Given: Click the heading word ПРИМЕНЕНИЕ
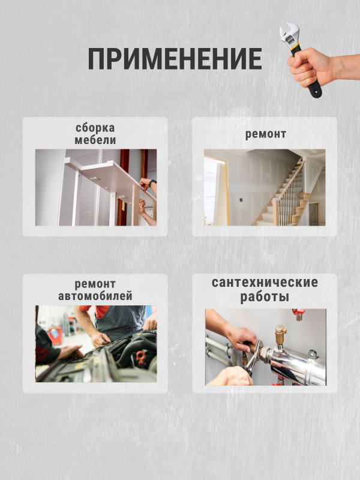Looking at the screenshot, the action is (x=175, y=58).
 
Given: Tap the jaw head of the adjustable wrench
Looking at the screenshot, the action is (x=289, y=34).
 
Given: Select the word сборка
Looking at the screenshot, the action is (x=95, y=128).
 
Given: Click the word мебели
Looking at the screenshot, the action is (x=95, y=140).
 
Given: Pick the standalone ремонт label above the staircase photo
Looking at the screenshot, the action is (x=266, y=134).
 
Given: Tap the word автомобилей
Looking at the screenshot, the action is (x=95, y=296).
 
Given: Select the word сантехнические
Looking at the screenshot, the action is (x=265, y=283).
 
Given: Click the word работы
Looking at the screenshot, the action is (x=265, y=296).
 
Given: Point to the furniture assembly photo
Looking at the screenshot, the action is (x=96, y=188).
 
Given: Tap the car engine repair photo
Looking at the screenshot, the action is (x=96, y=344).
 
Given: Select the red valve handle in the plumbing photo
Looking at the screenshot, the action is (x=298, y=313).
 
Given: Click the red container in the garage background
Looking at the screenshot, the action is (x=55, y=335).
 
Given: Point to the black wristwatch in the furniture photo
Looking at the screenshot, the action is (x=152, y=183).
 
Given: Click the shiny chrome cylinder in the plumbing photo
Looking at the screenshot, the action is (x=296, y=366).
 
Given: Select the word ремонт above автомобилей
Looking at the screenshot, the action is (x=95, y=284).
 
